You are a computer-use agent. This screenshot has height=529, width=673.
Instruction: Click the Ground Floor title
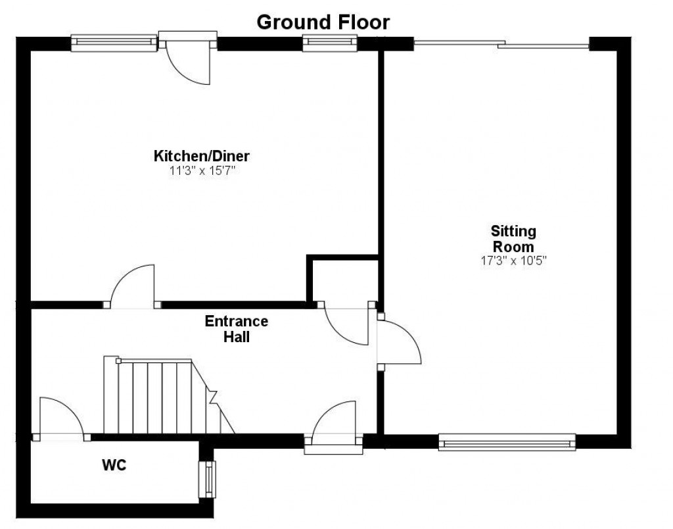coord(323,22)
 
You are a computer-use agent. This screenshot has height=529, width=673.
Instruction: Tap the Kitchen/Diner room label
coord(201,157)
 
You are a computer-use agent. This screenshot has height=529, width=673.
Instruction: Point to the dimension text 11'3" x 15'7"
coord(201,170)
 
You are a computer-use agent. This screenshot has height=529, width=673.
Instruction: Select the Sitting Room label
coord(513,239)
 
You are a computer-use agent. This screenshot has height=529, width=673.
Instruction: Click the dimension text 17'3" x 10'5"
coord(513,260)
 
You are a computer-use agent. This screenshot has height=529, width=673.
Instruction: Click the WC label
coord(113,465)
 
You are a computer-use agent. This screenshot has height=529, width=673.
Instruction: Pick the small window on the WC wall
coord(210,478)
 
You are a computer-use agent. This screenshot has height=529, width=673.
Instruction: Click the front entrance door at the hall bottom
coord(334,428)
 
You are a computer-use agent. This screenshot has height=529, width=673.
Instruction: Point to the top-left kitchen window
coord(114,43)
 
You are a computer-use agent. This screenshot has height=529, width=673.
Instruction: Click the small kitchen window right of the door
coord(329,43)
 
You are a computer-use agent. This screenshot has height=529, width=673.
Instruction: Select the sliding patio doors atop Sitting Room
coord(502,45)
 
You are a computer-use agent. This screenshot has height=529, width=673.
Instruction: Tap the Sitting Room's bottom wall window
coord(507,442)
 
